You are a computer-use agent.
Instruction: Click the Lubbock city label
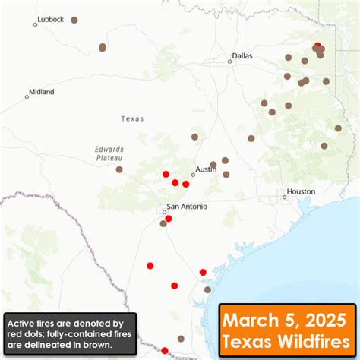(49, 18)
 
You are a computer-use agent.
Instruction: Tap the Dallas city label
(242, 55)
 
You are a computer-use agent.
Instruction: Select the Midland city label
(41, 92)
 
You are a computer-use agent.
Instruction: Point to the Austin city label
(206, 169)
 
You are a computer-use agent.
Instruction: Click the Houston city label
(301, 191)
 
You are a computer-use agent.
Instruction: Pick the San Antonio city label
(187, 206)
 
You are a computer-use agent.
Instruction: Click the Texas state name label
(132, 118)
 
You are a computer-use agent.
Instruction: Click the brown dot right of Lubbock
(74, 20)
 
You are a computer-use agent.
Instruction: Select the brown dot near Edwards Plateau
(119, 169)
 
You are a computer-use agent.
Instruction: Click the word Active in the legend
(22, 323)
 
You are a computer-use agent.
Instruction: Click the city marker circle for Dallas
(229, 62)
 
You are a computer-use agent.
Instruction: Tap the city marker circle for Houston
(285, 197)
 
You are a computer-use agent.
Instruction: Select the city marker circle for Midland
(27, 96)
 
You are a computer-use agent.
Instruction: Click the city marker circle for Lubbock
(35, 24)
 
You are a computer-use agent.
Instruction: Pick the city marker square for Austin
(193, 175)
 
